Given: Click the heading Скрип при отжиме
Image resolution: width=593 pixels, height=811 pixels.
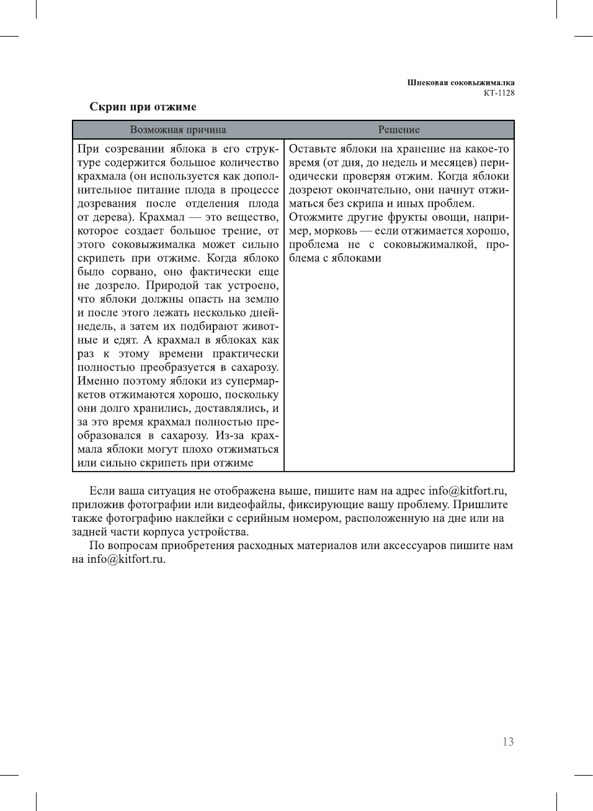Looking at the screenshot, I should (143, 107).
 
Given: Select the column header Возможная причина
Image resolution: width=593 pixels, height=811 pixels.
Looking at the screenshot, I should (178, 130).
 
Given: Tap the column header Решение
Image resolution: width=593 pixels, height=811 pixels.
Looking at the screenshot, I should (399, 130).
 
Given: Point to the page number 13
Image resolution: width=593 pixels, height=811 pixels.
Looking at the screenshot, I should (508, 742).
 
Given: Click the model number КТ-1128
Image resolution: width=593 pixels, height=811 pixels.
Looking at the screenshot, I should (499, 93).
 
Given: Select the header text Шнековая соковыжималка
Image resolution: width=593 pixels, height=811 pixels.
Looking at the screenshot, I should (460, 83).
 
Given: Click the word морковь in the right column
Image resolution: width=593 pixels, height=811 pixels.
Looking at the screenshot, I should (336, 231).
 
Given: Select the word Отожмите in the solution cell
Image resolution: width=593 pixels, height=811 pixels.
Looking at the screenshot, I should (316, 217).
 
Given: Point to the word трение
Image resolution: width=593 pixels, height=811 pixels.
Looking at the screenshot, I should (241, 231).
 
